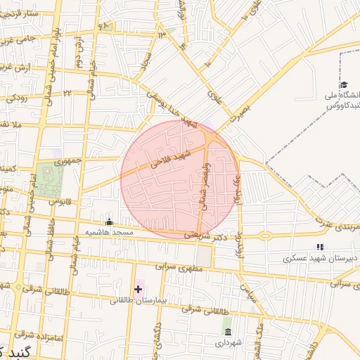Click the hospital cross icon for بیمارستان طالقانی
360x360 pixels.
[x=138, y=288]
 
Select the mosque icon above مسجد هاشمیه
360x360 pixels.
[x=108, y=222]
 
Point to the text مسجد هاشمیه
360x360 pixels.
[x=110, y=232]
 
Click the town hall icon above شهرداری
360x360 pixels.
[x=227, y=331]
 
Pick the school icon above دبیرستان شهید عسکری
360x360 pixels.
[x=320, y=247]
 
